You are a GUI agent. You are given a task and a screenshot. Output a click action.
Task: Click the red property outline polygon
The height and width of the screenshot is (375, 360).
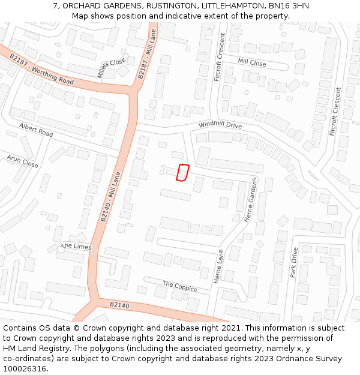(x=182, y=172)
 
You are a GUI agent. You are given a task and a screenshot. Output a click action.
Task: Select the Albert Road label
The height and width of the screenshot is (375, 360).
(x=36, y=130)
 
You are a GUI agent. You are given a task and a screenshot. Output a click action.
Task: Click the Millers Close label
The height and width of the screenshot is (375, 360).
(x=112, y=68)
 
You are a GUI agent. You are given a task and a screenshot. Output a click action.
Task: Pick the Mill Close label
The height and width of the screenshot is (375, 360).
(x=251, y=62)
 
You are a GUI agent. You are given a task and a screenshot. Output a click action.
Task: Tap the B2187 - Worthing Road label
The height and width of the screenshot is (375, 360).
(x=41, y=69)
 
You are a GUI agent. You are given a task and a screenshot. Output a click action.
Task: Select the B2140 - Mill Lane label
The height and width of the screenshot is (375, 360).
(x=110, y=199)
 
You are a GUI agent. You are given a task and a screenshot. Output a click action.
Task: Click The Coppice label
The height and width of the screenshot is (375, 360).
(x=179, y=286)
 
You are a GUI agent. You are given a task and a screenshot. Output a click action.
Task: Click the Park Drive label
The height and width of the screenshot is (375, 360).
(x=293, y=262)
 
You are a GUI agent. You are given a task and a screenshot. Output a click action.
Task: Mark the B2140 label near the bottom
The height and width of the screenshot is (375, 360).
(x=119, y=305)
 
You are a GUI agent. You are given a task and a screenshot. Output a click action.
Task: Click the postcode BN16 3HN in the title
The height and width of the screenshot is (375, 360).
(x=286, y=5)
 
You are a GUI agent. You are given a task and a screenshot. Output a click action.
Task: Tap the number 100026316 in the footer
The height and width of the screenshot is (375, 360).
(x=24, y=368)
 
